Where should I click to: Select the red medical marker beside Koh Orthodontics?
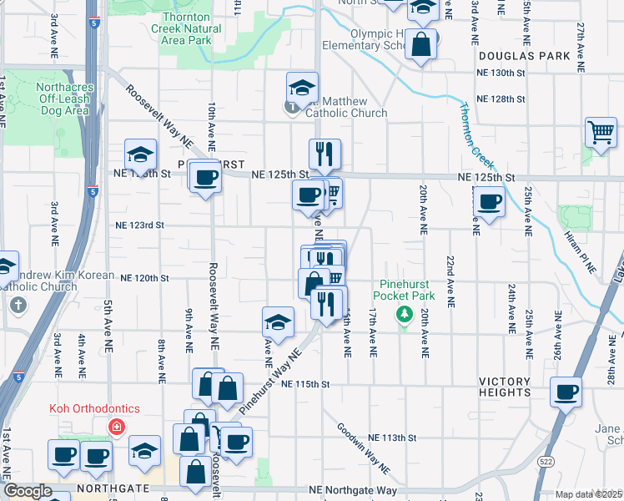(x=117, y=428)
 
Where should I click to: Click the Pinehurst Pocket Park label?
(x=405, y=290)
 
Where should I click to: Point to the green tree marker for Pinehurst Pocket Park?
(x=405, y=314)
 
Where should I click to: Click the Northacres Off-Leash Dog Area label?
(x=52, y=98)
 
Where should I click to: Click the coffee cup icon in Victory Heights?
(x=566, y=391)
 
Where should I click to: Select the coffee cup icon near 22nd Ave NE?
(x=489, y=201)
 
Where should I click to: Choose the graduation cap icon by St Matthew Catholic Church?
(x=302, y=87)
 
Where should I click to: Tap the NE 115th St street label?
(x=306, y=384)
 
